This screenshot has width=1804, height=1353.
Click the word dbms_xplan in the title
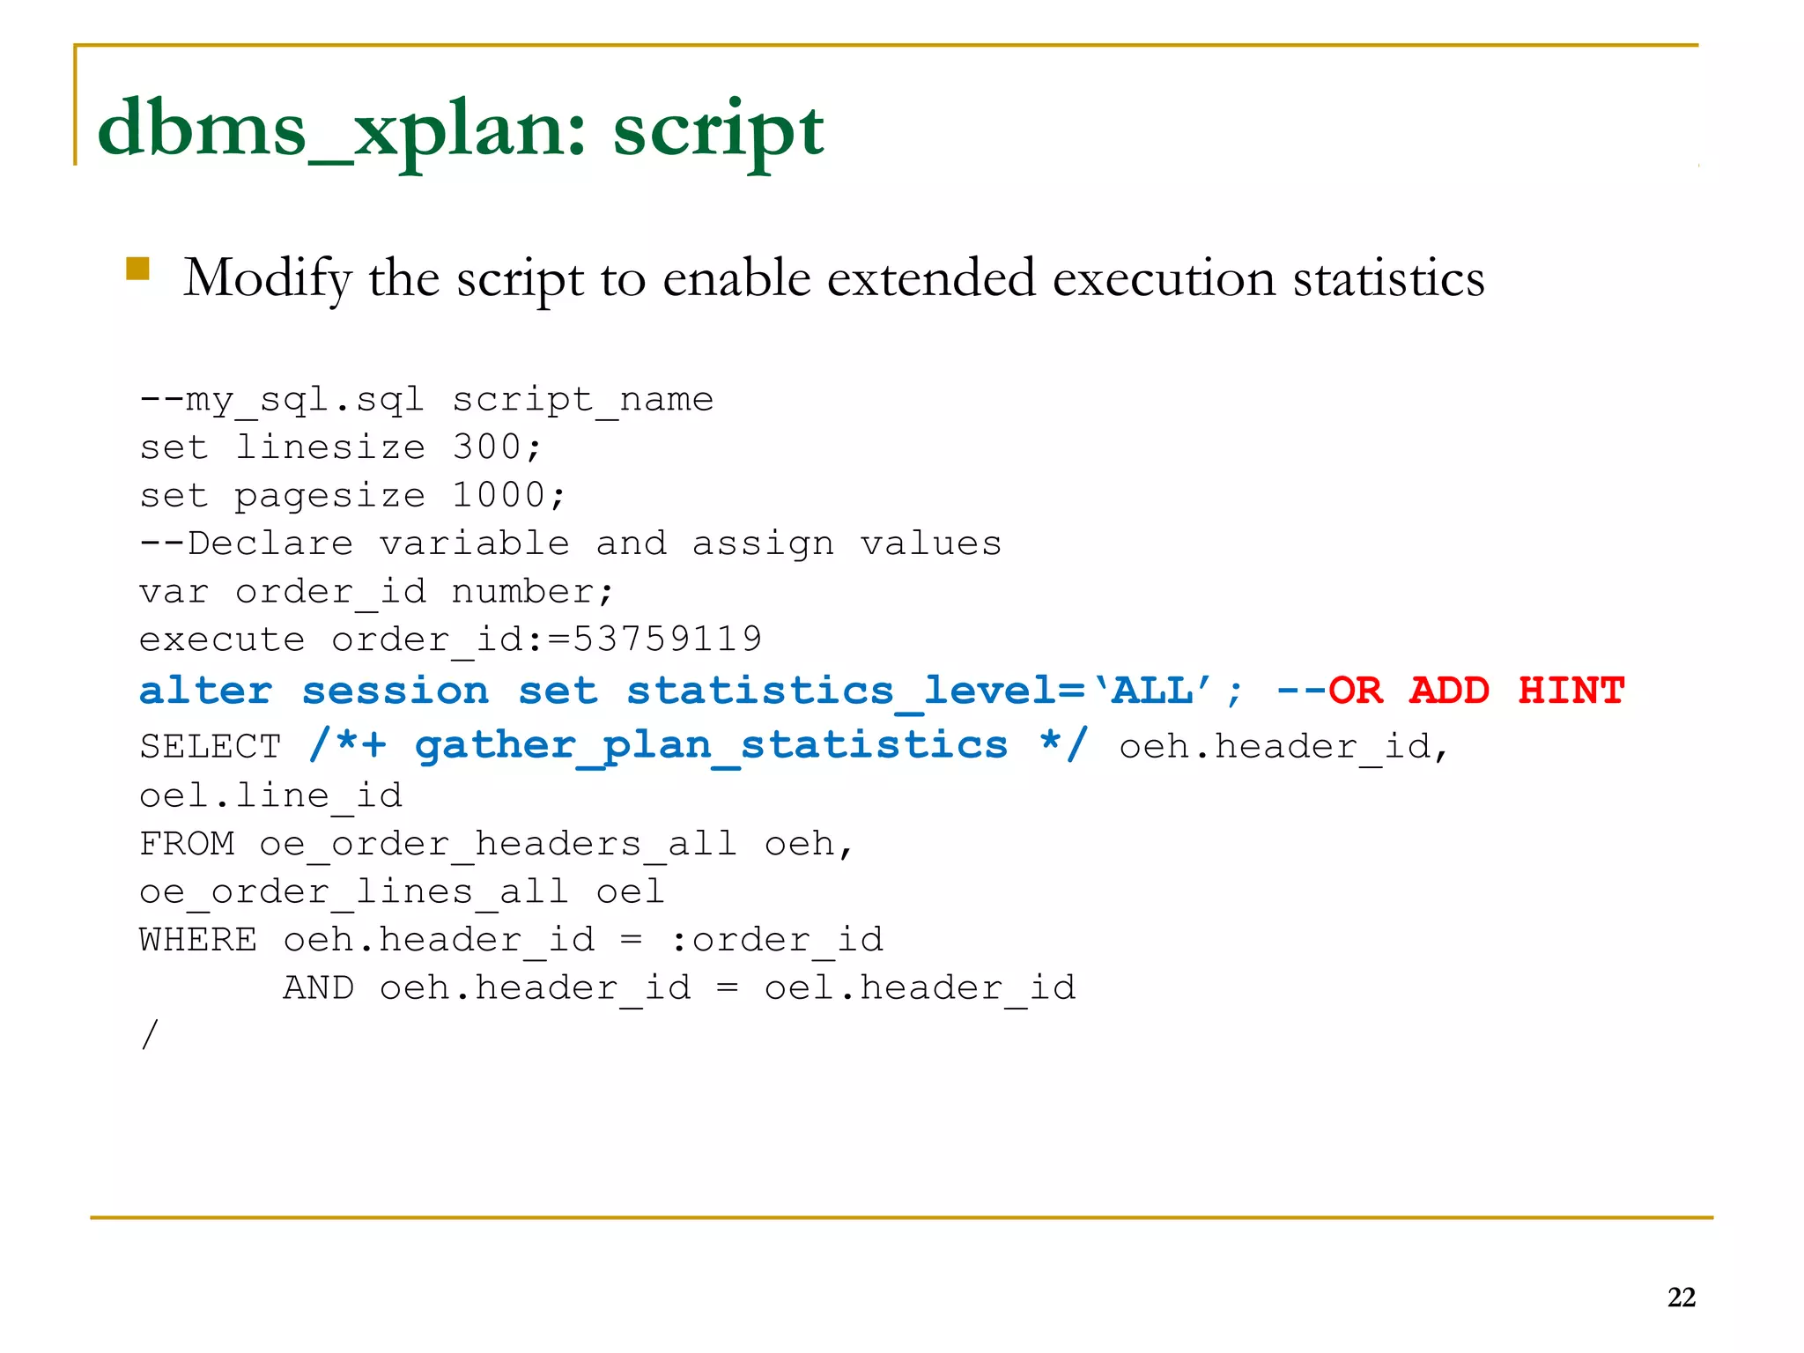point(340,130)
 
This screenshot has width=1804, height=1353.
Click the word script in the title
point(718,132)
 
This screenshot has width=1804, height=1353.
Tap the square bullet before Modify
point(137,269)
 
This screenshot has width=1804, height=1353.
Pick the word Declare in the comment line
point(270,543)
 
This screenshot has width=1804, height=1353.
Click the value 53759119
point(667,639)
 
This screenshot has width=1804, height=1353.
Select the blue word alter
point(205,691)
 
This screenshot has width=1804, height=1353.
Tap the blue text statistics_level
point(840,691)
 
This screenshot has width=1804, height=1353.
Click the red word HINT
point(1571,691)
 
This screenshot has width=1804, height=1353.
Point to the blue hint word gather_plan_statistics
point(711,746)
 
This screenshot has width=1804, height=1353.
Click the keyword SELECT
point(210,747)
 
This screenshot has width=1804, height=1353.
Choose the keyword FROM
point(187,844)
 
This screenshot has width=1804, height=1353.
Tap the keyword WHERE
point(198,940)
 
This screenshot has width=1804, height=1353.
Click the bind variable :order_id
point(777,940)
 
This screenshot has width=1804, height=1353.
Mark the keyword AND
point(318,987)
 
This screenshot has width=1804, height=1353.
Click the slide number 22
point(1681,1298)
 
